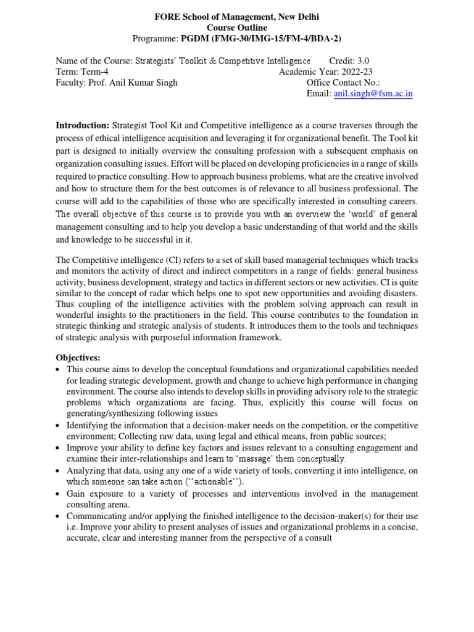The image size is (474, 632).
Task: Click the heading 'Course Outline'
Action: coord(237,28)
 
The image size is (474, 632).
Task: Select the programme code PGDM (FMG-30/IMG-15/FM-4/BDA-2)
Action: coord(260,39)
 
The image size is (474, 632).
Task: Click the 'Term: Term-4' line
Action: coord(82,72)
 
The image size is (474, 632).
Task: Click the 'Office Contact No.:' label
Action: coord(343,83)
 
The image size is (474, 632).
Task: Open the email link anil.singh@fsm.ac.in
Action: coord(373,94)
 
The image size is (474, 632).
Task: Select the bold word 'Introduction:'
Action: coord(83,126)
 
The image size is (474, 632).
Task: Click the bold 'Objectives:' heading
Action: coord(78,358)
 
